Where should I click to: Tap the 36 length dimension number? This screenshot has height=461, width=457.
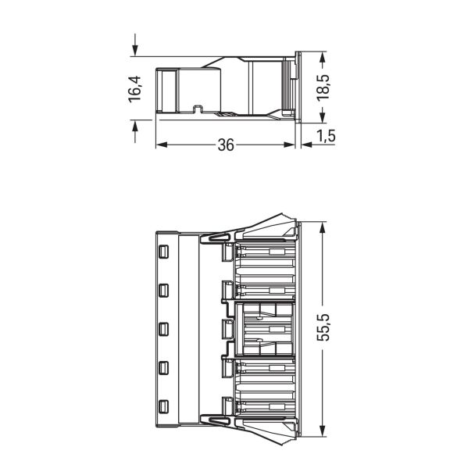click(226, 145)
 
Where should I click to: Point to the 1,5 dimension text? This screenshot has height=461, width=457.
click(326, 137)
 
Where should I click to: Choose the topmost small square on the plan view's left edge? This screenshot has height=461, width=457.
click(163, 252)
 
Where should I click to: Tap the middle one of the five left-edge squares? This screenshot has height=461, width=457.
click(163, 329)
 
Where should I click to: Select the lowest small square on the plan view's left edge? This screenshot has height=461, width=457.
click(163, 406)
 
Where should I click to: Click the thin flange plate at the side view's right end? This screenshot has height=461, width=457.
click(298, 87)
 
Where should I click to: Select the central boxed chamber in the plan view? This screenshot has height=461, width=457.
click(266, 329)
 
